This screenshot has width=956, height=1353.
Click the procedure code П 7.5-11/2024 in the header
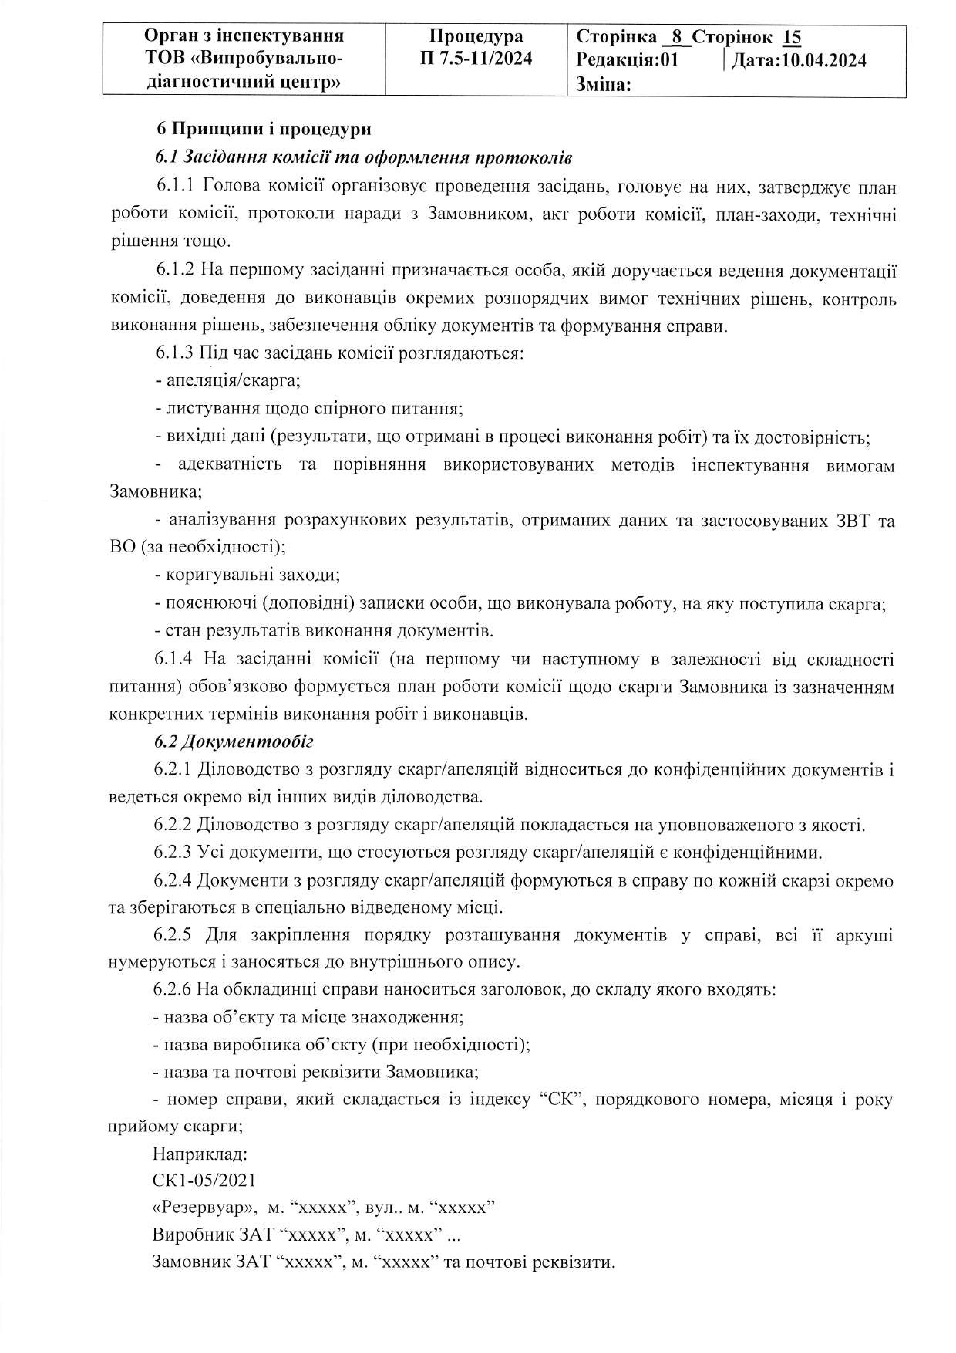476,58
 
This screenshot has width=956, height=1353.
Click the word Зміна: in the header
604,85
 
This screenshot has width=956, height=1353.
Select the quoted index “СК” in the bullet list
558,1100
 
